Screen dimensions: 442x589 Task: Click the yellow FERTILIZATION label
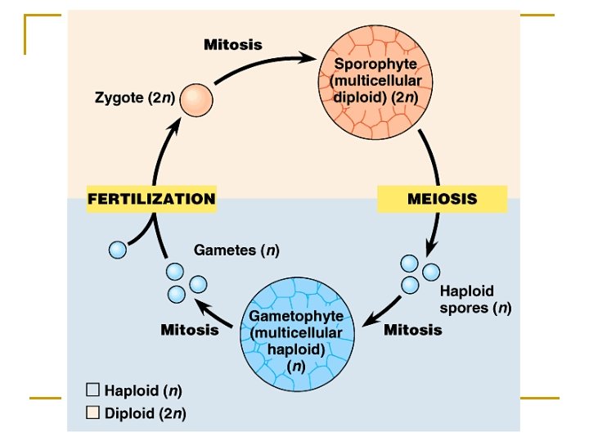pos(151,199)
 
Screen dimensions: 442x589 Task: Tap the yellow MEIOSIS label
pos(442,199)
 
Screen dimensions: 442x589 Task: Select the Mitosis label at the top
pos(233,44)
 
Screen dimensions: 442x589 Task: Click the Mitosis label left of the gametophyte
pos(189,330)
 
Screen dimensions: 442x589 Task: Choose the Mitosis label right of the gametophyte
pos(412,330)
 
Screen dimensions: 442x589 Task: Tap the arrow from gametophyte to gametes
pos(217,314)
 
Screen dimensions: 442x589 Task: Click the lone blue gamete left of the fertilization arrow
pos(119,249)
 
